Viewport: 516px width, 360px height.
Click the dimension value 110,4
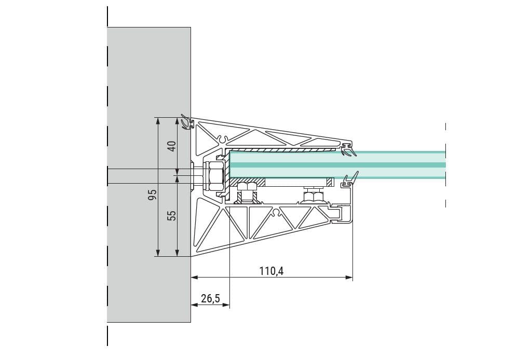pyautogui.click(x=271, y=270)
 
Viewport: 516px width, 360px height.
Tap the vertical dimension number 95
pyautogui.click(x=152, y=195)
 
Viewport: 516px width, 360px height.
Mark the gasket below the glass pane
pyautogui.click(x=349, y=180)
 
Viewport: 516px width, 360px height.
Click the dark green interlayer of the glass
pyautogui.click(x=337, y=164)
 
